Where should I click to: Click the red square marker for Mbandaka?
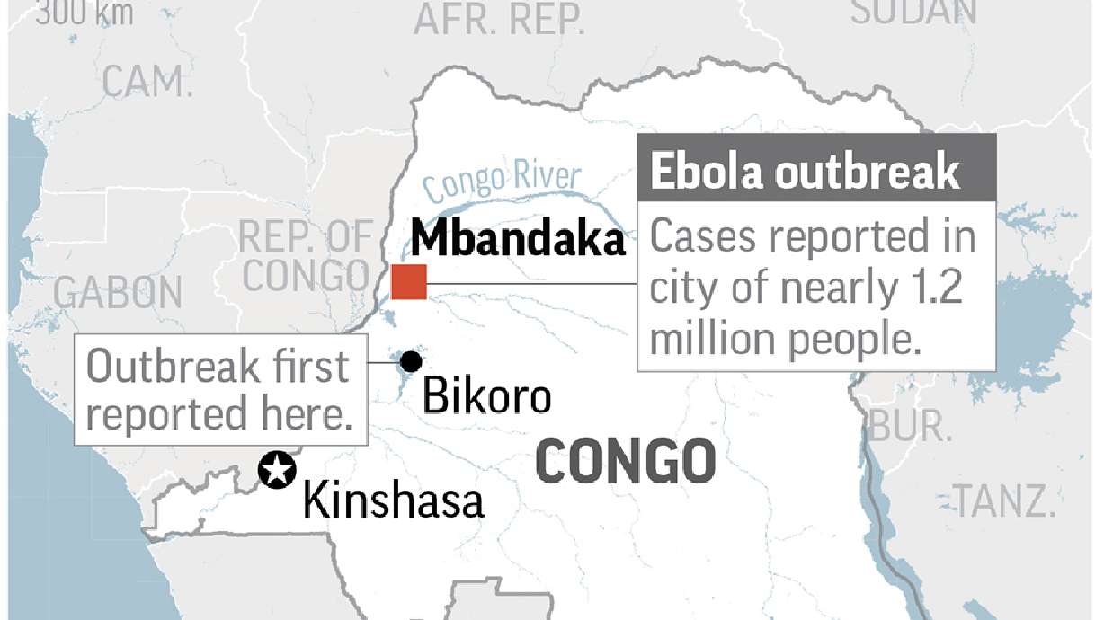tap(409, 282)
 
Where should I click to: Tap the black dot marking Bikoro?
tap(411, 361)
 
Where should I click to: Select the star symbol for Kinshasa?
tap(277, 470)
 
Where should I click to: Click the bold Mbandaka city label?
tap(518, 240)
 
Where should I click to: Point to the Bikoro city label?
tap(485, 396)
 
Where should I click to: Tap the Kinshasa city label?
tap(393, 500)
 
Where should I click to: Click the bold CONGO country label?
tap(626, 462)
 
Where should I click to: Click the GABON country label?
tap(117, 293)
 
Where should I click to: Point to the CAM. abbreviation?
tap(147, 82)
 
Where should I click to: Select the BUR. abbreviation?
tap(912, 427)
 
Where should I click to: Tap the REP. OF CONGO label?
tap(306, 257)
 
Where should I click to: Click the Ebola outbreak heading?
tap(804, 172)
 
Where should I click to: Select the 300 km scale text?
tap(85, 13)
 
